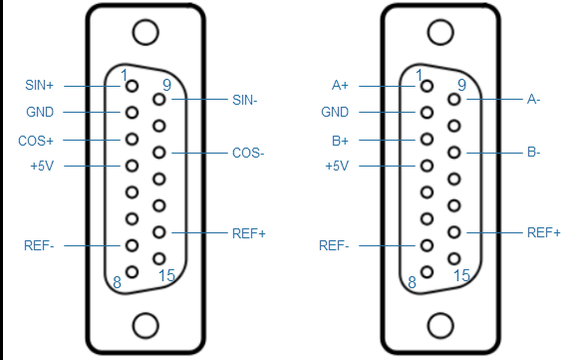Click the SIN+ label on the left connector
(39, 85)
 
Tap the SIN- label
(244, 100)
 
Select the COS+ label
(36, 141)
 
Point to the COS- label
(248, 153)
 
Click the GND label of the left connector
(40, 112)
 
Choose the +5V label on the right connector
(337, 166)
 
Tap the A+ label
(340, 85)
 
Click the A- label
(533, 99)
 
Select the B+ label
(340, 141)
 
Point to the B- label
(533, 152)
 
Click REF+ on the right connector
(544, 232)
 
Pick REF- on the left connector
(39, 245)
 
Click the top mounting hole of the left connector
(145, 33)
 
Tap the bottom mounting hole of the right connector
(440, 326)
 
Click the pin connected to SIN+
(133, 86)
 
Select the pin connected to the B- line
(454, 153)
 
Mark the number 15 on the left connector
(166, 275)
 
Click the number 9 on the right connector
(461, 85)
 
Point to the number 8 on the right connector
(412, 282)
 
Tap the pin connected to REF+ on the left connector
(159, 232)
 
